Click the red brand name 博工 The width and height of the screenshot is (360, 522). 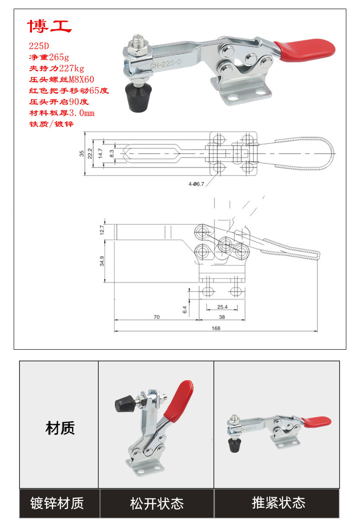50,26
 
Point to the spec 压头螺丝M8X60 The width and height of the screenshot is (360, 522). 61,79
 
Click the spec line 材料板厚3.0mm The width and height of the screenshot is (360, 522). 61,113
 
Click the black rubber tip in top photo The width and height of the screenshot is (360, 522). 138,98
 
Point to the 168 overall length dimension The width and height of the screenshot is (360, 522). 216,328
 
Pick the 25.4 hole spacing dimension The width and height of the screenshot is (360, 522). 222,307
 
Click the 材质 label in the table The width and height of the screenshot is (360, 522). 60,428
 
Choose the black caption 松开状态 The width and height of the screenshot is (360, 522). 157,503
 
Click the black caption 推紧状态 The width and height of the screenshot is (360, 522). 278,503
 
